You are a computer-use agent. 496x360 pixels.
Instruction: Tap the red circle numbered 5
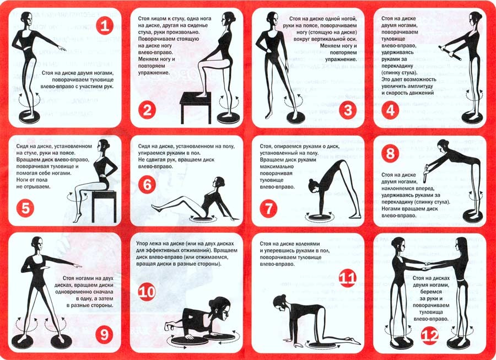(x=25, y=208)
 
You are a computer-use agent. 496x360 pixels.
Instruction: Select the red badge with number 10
(x=147, y=292)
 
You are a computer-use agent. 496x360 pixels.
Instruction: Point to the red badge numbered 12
(x=430, y=336)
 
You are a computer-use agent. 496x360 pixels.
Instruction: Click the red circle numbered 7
(x=269, y=208)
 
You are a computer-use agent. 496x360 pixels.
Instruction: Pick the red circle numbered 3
(x=348, y=110)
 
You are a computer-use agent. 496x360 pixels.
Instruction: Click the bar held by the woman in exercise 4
(x=450, y=53)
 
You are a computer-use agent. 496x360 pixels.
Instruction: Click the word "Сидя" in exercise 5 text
(x=23, y=147)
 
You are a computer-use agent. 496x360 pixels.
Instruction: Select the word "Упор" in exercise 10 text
(x=143, y=244)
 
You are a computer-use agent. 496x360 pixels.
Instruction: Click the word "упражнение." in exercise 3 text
(x=341, y=60)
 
